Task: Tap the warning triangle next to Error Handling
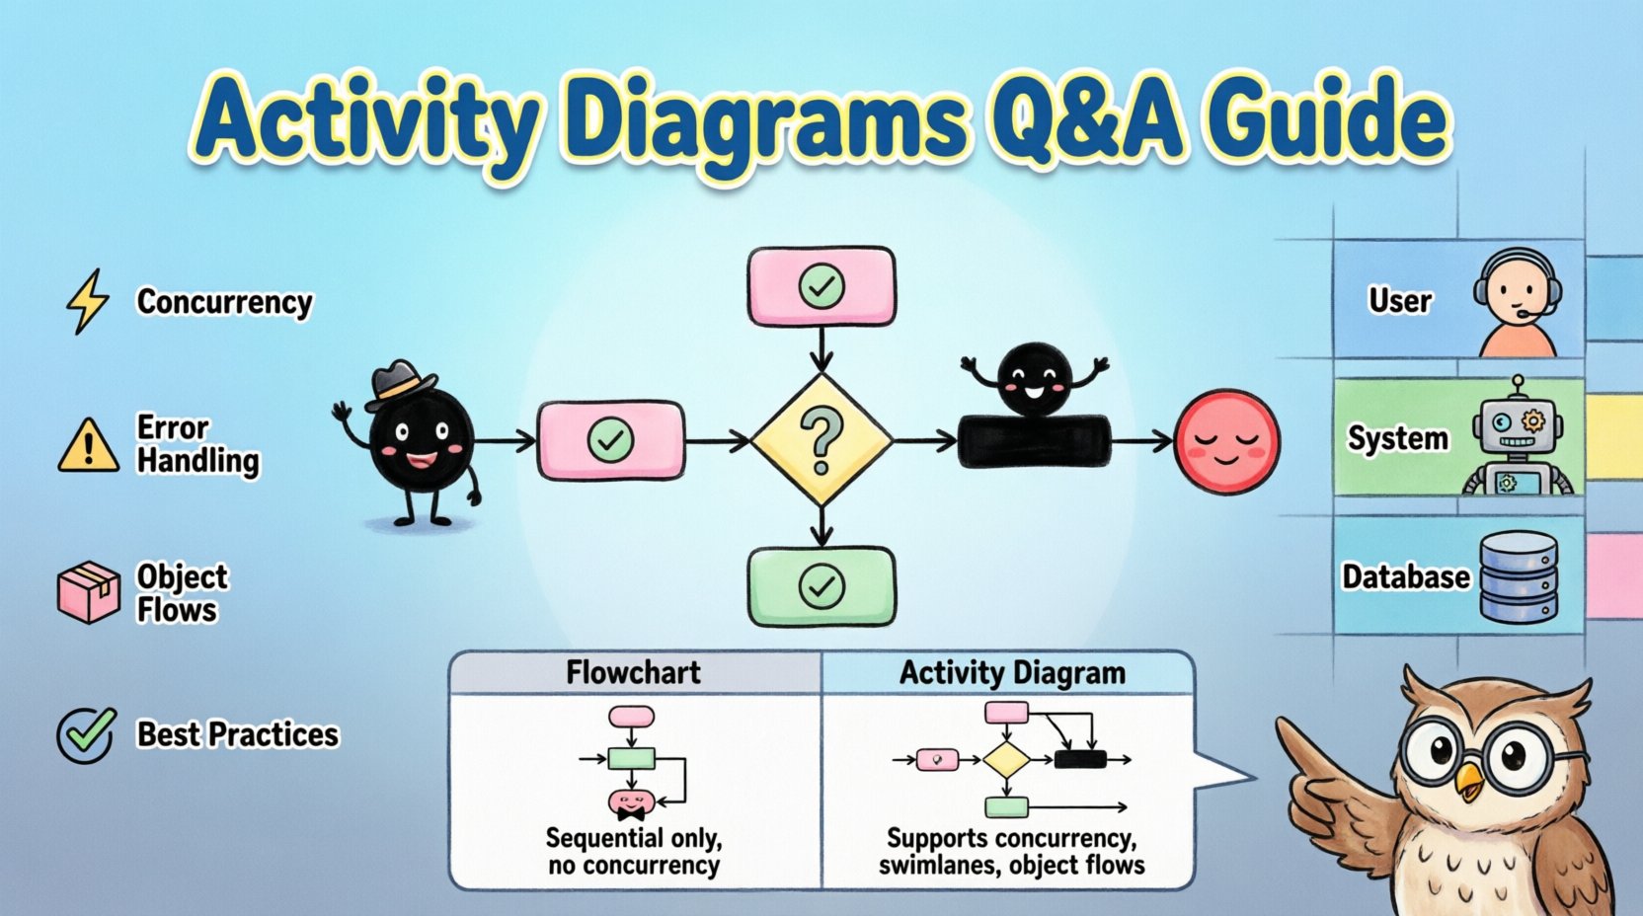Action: (x=88, y=445)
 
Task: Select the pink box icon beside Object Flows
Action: (x=88, y=592)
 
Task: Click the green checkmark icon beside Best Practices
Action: (x=86, y=734)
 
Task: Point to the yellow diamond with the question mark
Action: (x=821, y=440)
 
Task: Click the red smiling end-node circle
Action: (x=1226, y=441)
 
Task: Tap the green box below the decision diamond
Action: (x=821, y=586)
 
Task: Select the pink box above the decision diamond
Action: (x=821, y=287)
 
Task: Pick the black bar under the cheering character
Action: (x=1034, y=441)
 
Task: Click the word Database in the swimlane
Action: (x=1404, y=576)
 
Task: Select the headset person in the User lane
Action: (x=1518, y=304)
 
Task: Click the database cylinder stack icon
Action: (x=1518, y=577)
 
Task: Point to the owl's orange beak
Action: (x=1468, y=782)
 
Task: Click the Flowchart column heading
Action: (x=633, y=673)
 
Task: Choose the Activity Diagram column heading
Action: (x=1011, y=673)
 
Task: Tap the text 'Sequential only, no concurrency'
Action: (x=634, y=852)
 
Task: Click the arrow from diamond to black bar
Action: (x=924, y=440)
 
